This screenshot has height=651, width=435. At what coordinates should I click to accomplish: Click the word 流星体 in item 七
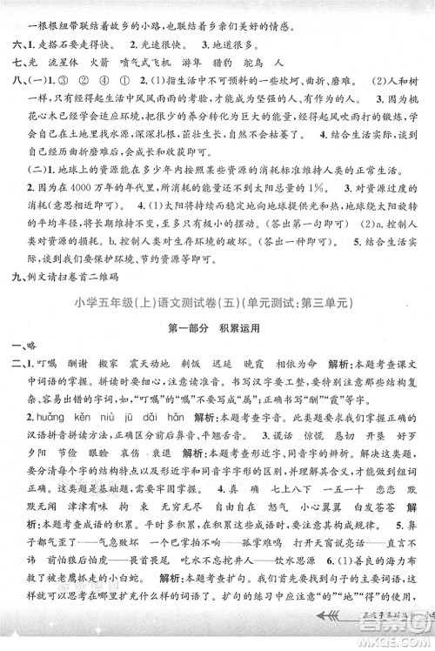(x=69, y=66)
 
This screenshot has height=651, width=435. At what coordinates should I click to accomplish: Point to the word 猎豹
(x=241, y=66)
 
